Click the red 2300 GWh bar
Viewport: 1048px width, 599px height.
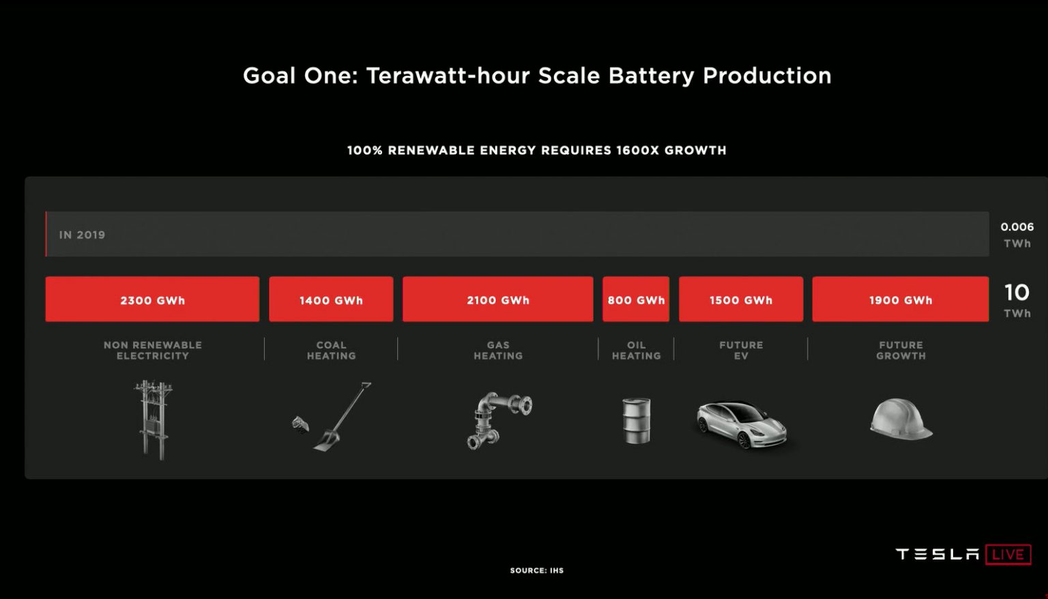point(152,299)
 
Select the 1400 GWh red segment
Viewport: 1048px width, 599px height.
point(331,299)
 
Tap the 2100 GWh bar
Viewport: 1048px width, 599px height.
point(497,299)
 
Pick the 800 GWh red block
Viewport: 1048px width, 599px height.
point(636,299)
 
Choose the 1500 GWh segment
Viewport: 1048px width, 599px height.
point(740,299)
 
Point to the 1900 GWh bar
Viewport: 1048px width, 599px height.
point(900,299)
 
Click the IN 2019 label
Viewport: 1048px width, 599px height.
point(82,235)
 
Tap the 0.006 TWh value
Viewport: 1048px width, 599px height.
point(1017,234)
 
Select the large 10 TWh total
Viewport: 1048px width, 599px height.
point(1017,300)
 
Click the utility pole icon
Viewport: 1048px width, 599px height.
point(153,420)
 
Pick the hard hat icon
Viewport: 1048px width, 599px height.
point(901,420)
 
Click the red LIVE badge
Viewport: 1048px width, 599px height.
point(1008,554)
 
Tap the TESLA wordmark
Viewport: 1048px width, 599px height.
point(937,554)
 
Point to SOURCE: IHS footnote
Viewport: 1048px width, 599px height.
point(536,570)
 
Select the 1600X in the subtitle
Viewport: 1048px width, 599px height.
point(637,150)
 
